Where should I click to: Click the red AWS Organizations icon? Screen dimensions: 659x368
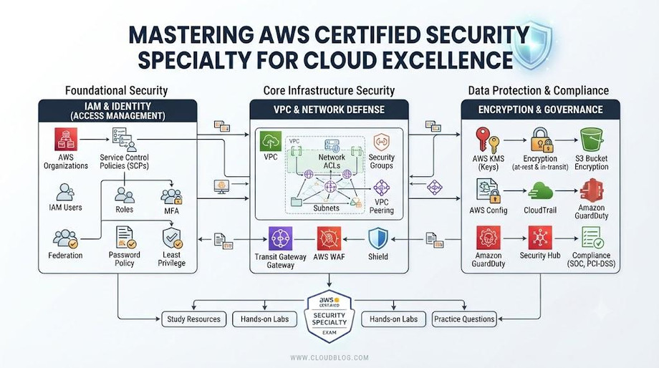click(x=66, y=139)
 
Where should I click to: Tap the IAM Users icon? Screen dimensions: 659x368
click(x=65, y=193)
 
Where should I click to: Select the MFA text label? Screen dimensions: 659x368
click(x=171, y=210)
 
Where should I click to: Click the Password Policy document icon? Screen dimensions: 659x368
click(x=125, y=238)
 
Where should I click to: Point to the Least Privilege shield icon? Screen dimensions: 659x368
click(x=172, y=238)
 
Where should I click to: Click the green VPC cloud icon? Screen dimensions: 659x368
click(x=270, y=141)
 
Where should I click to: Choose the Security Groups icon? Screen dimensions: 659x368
click(x=381, y=142)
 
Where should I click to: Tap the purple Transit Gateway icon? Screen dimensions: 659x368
click(x=280, y=238)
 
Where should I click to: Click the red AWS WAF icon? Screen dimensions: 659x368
click(x=329, y=238)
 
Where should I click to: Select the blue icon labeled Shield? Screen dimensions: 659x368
click(x=377, y=238)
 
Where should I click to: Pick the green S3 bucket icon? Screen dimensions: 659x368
click(x=592, y=140)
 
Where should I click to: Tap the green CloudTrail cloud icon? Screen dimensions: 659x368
click(x=540, y=192)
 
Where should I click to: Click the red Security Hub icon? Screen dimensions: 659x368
click(x=539, y=238)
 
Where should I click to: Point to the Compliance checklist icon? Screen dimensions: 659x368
click(x=592, y=238)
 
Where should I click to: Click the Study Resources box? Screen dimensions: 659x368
click(x=193, y=319)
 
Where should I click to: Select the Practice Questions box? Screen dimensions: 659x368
click(x=464, y=319)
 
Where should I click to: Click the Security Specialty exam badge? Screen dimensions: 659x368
click(x=329, y=316)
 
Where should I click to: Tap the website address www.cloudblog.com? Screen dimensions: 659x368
click(x=329, y=358)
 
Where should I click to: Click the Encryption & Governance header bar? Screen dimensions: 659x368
click(x=541, y=110)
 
